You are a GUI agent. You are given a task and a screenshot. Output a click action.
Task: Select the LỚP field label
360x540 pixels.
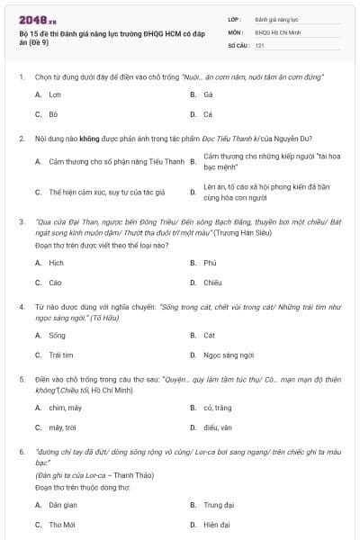tap(234, 18)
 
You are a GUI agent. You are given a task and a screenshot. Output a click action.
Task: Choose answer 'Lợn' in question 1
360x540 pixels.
tap(55, 94)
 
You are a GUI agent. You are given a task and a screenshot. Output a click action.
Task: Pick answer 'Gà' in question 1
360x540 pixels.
tap(208, 94)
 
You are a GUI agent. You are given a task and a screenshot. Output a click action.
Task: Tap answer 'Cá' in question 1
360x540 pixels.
tap(208, 115)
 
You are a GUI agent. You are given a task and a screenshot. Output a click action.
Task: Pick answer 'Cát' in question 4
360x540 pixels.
tap(209, 335)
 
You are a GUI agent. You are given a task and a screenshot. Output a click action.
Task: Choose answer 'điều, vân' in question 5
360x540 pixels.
tap(218, 427)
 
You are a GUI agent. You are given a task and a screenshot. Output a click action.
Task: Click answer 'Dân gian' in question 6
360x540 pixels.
tap(63, 505)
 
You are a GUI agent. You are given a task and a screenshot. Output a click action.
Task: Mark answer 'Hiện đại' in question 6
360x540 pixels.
tap(217, 524)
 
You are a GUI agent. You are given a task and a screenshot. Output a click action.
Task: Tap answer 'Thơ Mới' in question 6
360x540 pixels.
tap(61, 524)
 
